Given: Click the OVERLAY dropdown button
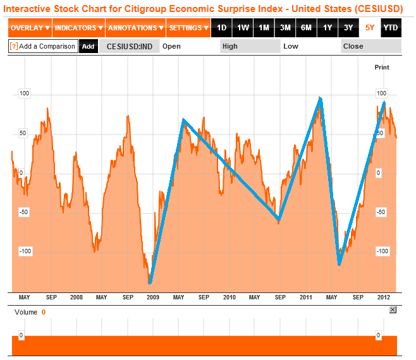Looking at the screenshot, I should click(30, 28).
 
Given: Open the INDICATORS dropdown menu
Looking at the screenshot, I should click(78, 28).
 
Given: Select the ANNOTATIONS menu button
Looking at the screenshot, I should click(135, 28).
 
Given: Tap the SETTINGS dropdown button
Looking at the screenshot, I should click(188, 28).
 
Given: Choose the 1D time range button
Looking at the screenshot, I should click(221, 28).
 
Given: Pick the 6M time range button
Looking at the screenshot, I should click(306, 28).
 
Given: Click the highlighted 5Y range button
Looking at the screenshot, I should click(370, 28).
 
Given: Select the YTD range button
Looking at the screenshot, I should click(391, 28).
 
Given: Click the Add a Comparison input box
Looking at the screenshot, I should click(43, 46).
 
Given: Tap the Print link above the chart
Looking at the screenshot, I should click(382, 67).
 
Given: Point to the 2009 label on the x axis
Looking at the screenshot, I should click(152, 297).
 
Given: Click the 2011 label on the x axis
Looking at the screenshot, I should click(306, 297).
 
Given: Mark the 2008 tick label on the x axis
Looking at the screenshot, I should click(76, 297).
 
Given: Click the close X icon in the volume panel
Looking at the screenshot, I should click(393, 309).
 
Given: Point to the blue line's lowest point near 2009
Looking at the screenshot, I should click(150, 282).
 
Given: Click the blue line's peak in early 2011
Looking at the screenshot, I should click(321, 99).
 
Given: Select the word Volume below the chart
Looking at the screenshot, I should click(25, 312).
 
